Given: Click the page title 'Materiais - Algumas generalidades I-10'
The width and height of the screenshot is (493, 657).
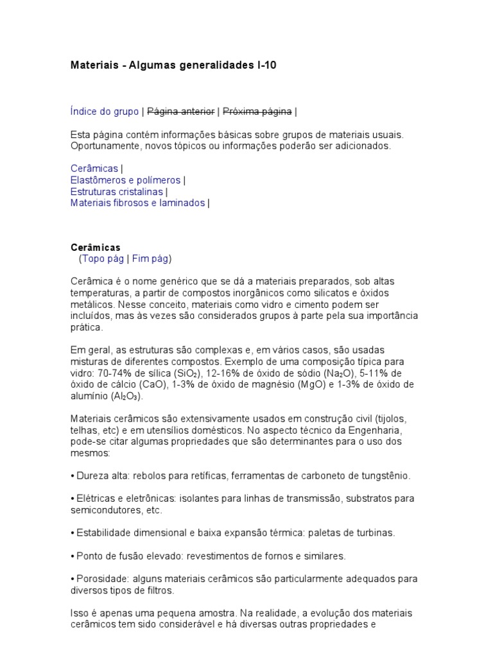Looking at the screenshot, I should (x=173, y=66).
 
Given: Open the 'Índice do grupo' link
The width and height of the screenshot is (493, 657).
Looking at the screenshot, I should (x=104, y=112).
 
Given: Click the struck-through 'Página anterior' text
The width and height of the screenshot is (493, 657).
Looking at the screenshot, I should (x=181, y=112).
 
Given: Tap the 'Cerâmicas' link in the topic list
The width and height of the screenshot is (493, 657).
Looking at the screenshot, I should (x=94, y=169).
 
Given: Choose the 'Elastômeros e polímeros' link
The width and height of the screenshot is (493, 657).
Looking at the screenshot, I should (x=125, y=180).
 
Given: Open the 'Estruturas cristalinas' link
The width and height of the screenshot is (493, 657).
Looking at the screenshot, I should (x=116, y=192).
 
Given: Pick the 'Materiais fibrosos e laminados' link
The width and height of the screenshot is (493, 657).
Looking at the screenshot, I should (x=137, y=203).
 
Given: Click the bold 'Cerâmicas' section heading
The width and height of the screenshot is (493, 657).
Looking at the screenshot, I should (x=95, y=248).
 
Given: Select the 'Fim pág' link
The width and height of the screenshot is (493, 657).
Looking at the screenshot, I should (x=151, y=259).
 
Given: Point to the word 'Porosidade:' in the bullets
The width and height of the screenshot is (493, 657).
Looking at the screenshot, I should (x=100, y=579).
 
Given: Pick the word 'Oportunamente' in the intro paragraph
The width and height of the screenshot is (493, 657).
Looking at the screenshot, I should (x=103, y=146).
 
